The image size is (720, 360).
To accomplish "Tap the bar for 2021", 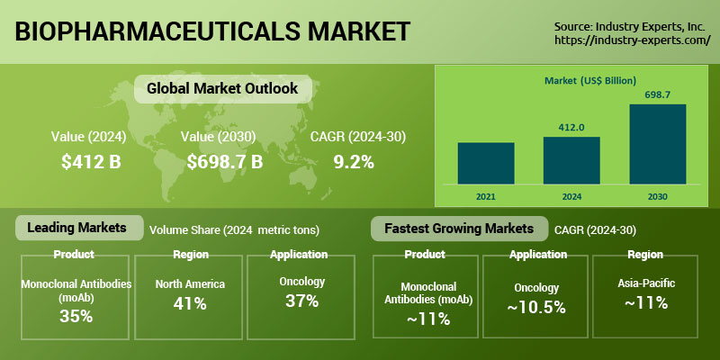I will [x=486, y=163].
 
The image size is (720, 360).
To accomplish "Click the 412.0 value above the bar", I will [x=571, y=127].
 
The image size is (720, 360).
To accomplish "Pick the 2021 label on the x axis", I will [x=486, y=194].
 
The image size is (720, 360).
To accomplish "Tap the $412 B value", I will [x=91, y=162].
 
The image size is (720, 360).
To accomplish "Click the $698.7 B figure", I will [x=225, y=162].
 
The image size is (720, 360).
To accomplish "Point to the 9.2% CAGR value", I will [x=353, y=162].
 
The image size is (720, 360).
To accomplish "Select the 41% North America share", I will [x=190, y=303].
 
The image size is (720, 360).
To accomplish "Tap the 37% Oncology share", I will [x=301, y=301].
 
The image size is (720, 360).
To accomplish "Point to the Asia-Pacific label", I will [x=645, y=283].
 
